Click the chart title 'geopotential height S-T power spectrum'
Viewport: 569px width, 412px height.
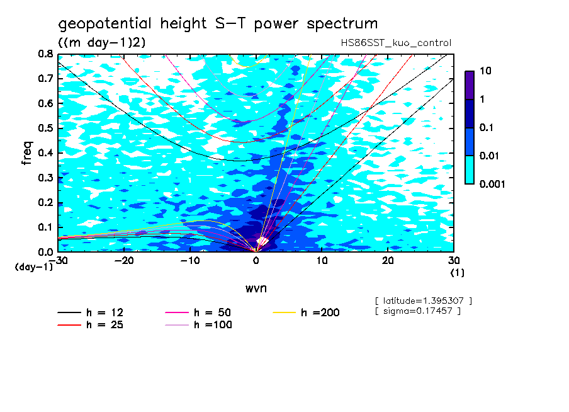[218, 25]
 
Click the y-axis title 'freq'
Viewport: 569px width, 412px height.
[27, 152]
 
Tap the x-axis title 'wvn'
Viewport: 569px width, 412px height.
[256, 288]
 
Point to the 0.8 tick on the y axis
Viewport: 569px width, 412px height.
[45, 54]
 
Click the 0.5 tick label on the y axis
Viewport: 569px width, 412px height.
[45, 128]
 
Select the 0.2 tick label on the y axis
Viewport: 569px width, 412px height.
[45, 202]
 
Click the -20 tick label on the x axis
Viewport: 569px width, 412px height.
[124, 260]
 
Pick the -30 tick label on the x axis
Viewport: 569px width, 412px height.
[58, 260]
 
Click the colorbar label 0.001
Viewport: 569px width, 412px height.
[492, 185]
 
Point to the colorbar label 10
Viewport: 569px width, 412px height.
[485, 71]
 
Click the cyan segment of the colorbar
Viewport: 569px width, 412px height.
[470, 169]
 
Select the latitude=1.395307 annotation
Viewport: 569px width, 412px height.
[423, 300]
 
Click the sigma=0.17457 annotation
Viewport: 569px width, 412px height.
[417, 311]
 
